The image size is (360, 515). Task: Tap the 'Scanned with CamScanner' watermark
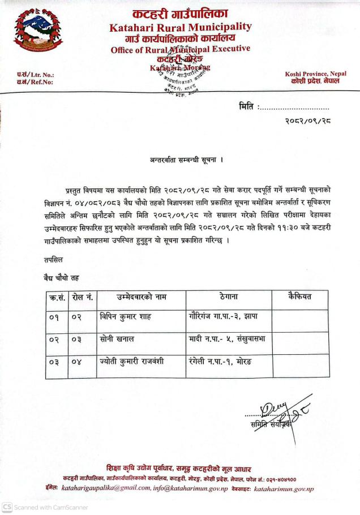tap(45, 507)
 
